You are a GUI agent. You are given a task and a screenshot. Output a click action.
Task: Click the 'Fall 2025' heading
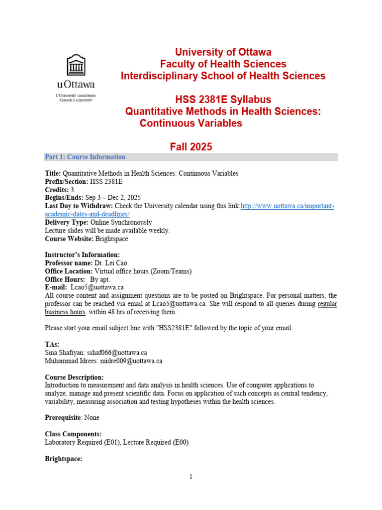click(191, 146)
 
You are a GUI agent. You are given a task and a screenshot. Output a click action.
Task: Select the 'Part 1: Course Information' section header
click(85, 157)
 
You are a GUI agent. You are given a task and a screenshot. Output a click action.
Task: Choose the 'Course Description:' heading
click(74, 377)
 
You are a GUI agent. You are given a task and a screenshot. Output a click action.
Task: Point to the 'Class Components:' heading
click(73, 434)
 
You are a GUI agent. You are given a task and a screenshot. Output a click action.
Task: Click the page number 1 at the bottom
click(191, 477)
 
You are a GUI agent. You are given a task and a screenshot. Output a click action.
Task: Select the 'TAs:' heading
click(52, 344)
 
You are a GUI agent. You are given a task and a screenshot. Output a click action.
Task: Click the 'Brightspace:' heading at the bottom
click(63, 458)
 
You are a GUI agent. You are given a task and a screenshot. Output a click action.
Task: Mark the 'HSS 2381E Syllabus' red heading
click(223, 99)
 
